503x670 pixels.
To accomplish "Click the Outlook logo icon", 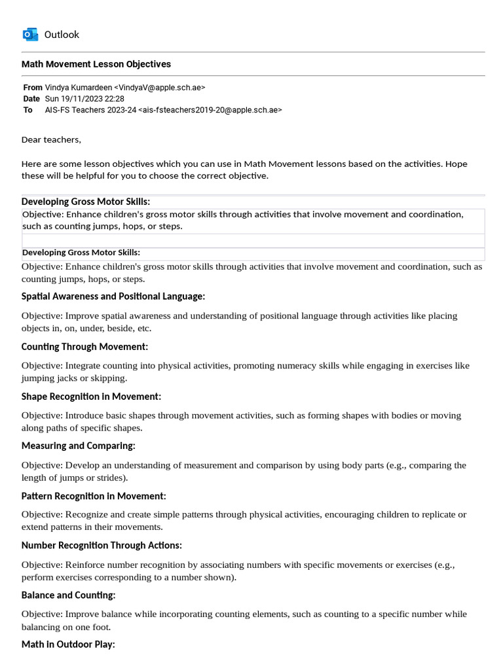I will point(30,34).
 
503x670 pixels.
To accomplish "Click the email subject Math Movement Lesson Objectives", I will point(96,64).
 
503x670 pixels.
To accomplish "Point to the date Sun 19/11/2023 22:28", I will point(84,98).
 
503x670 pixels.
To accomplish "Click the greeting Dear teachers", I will point(52,139).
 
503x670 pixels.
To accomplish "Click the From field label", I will point(32,87).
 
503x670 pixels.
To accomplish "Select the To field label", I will point(28,110).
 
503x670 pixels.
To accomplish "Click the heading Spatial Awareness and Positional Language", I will point(113,296).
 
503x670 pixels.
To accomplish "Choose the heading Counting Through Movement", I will point(85,346).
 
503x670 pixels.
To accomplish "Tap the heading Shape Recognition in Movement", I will point(91,396).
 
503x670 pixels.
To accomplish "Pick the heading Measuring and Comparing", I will point(79,446).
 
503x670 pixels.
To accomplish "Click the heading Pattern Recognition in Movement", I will point(94,495).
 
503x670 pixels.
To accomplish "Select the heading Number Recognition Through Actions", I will point(102,545).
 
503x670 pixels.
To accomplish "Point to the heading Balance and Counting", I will point(69,595).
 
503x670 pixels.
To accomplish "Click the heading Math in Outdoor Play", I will point(68,644).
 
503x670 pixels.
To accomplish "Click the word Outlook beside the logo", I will point(62,34).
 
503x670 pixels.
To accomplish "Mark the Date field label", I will point(31,98).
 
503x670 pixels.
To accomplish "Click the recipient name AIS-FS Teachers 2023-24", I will point(90,110).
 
